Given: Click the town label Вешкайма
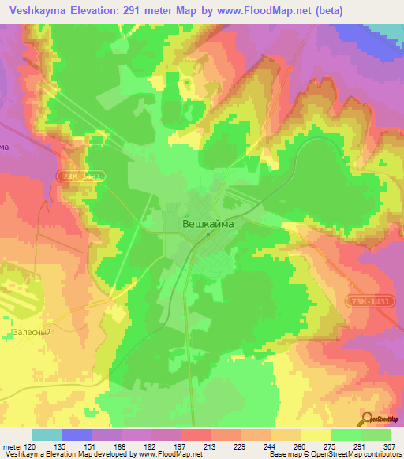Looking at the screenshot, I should click(209, 223).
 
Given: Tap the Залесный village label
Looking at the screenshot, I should click(32, 333).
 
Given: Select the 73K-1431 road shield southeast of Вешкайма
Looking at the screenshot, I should click(368, 300).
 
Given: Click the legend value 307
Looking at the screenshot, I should click(391, 446).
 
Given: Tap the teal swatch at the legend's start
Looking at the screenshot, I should click(46, 435).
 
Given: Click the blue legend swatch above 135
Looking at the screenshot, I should click(76, 435).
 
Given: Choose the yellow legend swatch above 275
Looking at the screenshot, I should click(316, 435).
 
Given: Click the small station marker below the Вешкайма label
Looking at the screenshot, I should click(208, 233).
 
